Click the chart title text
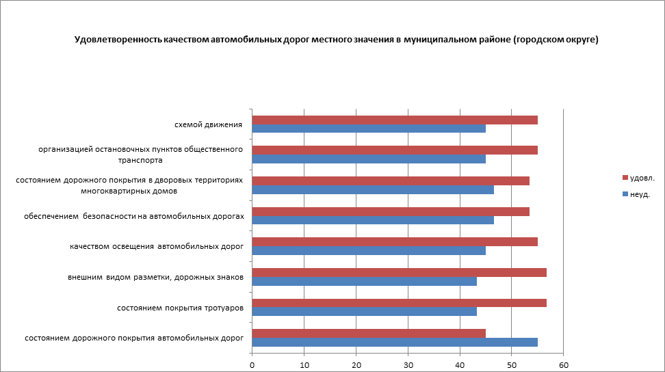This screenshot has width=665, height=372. (x=336, y=40)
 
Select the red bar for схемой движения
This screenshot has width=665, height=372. (x=395, y=120)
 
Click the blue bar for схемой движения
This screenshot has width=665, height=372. (x=369, y=129)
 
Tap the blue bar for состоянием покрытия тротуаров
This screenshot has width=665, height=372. (x=364, y=312)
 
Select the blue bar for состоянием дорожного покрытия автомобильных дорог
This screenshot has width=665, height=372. (x=395, y=342)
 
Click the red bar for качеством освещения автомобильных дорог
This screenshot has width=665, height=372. (x=395, y=241)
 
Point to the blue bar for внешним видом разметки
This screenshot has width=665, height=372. (x=364, y=281)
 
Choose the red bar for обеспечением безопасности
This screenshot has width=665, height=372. (x=391, y=211)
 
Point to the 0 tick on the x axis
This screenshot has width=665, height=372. (x=252, y=365)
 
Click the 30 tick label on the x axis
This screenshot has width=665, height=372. (x=408, y=365)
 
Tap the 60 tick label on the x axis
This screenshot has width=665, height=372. (x=563, y=365)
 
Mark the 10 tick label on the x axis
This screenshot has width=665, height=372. (x=304, y=365)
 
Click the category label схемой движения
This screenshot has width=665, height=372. (x=209, y=124)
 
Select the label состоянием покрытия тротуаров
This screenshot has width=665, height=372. (x=181, y=308)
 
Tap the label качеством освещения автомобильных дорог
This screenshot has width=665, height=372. (x=157, y=246)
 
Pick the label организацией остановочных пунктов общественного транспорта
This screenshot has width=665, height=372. (x=141, y=155)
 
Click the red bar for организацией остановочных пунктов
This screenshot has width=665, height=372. (x=395, y=150)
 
